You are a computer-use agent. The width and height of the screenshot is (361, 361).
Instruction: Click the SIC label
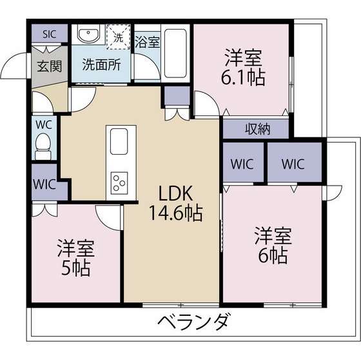click(x=49, y=34)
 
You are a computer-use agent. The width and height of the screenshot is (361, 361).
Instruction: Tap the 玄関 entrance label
click(x=49, y=65)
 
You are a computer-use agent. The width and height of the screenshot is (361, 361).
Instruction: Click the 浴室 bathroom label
click(x=147, y=43)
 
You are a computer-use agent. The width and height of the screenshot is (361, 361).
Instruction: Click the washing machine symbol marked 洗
click(x=119, y=36)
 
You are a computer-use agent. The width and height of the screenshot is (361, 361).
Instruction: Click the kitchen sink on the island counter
click(x=119, y=141)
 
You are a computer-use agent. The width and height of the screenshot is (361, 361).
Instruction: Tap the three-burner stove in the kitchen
click(x=119, y=182)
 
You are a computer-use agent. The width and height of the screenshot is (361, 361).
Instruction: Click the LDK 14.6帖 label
click(x=173, y=202)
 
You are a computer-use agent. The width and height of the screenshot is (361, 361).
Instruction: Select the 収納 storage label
click(x=256, y=128)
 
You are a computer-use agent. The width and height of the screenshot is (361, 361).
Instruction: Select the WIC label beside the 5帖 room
click(x=45, y=183)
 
